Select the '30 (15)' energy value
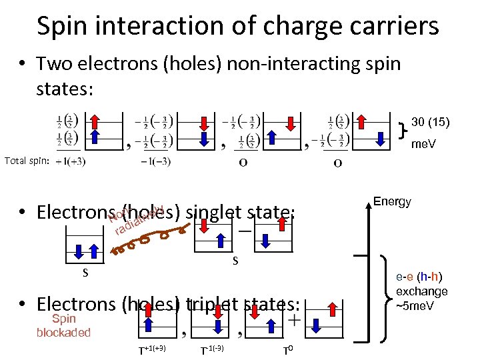coord(431,122)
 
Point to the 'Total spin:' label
coord(27,161)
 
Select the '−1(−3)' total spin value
coord(156,161)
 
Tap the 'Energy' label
coord(392,201)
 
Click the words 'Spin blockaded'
coord(63,325)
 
